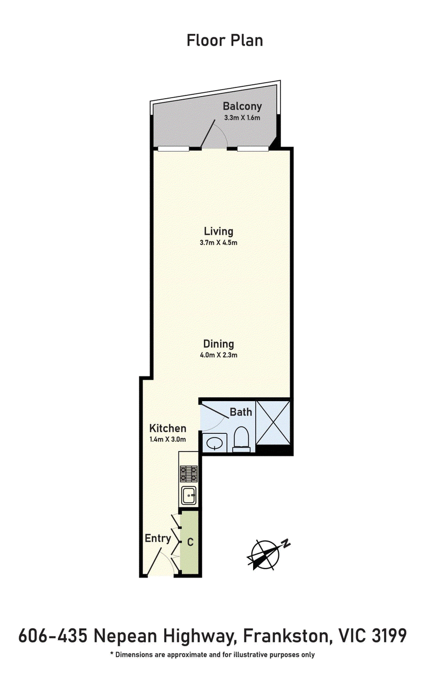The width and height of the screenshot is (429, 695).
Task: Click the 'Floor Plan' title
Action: point(225,41)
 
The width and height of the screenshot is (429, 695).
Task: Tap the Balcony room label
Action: point(242,106)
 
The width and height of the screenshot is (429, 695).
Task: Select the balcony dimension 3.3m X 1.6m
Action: point(242,118)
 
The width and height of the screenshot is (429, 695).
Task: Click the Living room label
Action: point(218,232)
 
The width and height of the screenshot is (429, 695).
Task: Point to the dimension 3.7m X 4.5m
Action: point(218,242)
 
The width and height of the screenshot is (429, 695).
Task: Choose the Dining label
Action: point(218,344)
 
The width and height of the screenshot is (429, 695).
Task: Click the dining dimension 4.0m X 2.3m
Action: point(218,355)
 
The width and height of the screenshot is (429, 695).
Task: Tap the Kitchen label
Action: point(167,428)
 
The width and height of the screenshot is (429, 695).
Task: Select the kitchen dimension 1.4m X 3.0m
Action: point(167,439)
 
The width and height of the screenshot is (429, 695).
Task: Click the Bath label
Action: point(241,412)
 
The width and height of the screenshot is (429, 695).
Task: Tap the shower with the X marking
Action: point(273,423)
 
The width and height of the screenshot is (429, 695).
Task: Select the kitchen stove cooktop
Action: point(189,474)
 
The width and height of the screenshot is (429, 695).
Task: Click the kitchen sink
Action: point(189,496)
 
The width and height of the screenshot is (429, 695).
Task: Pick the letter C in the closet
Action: point(190,542)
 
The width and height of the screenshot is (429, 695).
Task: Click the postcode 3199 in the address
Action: point(389,635)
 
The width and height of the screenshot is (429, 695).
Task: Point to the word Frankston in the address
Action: point(286,635)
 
